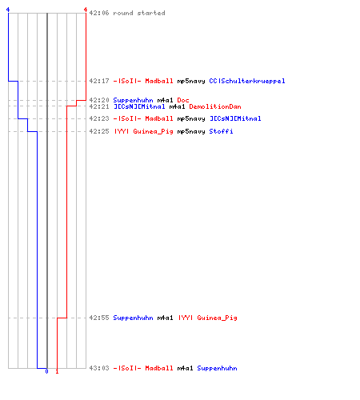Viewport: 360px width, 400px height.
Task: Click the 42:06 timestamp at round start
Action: [99, 13]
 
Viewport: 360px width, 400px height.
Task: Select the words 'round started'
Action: [139, 13]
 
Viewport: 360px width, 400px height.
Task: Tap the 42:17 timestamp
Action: [99, 81]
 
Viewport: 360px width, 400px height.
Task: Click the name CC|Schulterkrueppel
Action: [247, 81]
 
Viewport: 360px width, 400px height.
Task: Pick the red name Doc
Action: [183, 100]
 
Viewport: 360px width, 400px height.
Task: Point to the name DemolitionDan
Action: [215, 106]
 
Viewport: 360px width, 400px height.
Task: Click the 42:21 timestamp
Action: [99, 106]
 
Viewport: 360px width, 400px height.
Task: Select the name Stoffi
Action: [221, 131]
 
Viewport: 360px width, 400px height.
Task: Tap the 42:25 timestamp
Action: [99, 131]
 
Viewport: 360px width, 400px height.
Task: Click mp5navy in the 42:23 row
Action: [191, 118]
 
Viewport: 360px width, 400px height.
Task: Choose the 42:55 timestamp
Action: [99, 318]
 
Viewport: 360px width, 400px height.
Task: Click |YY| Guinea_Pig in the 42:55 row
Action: [208, 318]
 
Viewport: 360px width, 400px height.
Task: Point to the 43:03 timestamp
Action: [99, 368]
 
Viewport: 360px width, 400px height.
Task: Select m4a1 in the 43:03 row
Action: [185, 368]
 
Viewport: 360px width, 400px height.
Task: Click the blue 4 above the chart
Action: [8, 10]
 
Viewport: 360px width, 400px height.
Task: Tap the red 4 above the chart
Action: [86, 10]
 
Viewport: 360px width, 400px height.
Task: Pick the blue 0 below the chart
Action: [46, 371]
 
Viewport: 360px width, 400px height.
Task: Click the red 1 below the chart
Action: [57, 371]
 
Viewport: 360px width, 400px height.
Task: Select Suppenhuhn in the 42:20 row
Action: [133, 100]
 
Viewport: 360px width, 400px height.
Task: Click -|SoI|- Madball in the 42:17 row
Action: [143, 81]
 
